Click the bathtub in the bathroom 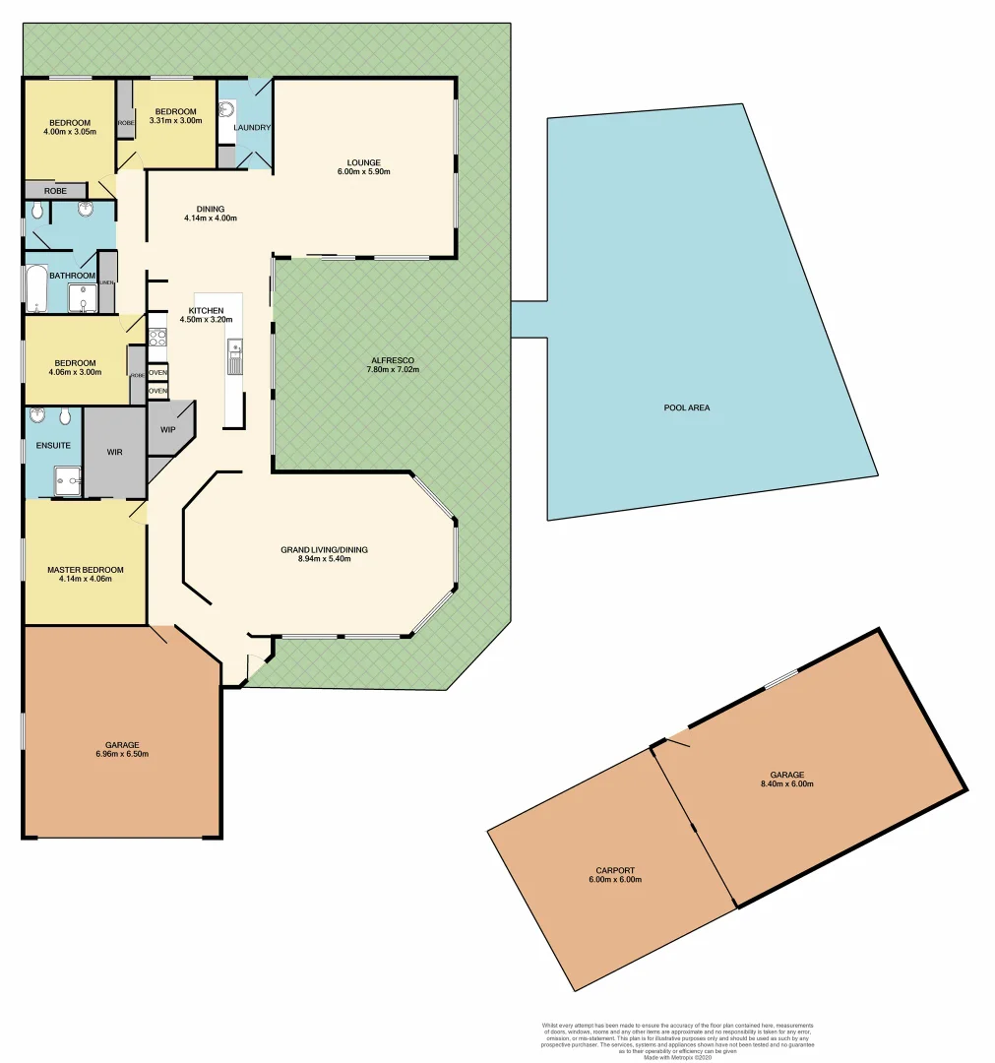point(37,287)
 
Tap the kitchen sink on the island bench point(234,356)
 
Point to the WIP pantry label point(167,429)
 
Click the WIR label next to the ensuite point(115,452)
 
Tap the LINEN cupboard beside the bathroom point(106,282)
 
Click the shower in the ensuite point(66,482)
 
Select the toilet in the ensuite point(65,417)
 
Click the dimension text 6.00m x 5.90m point(363,172)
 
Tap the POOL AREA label point(687,407)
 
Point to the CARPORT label point(614,870)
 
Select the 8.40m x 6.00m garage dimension point(786,784)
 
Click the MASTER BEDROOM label point(86,570)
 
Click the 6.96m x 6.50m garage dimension point(123,755)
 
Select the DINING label point(211,209)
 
